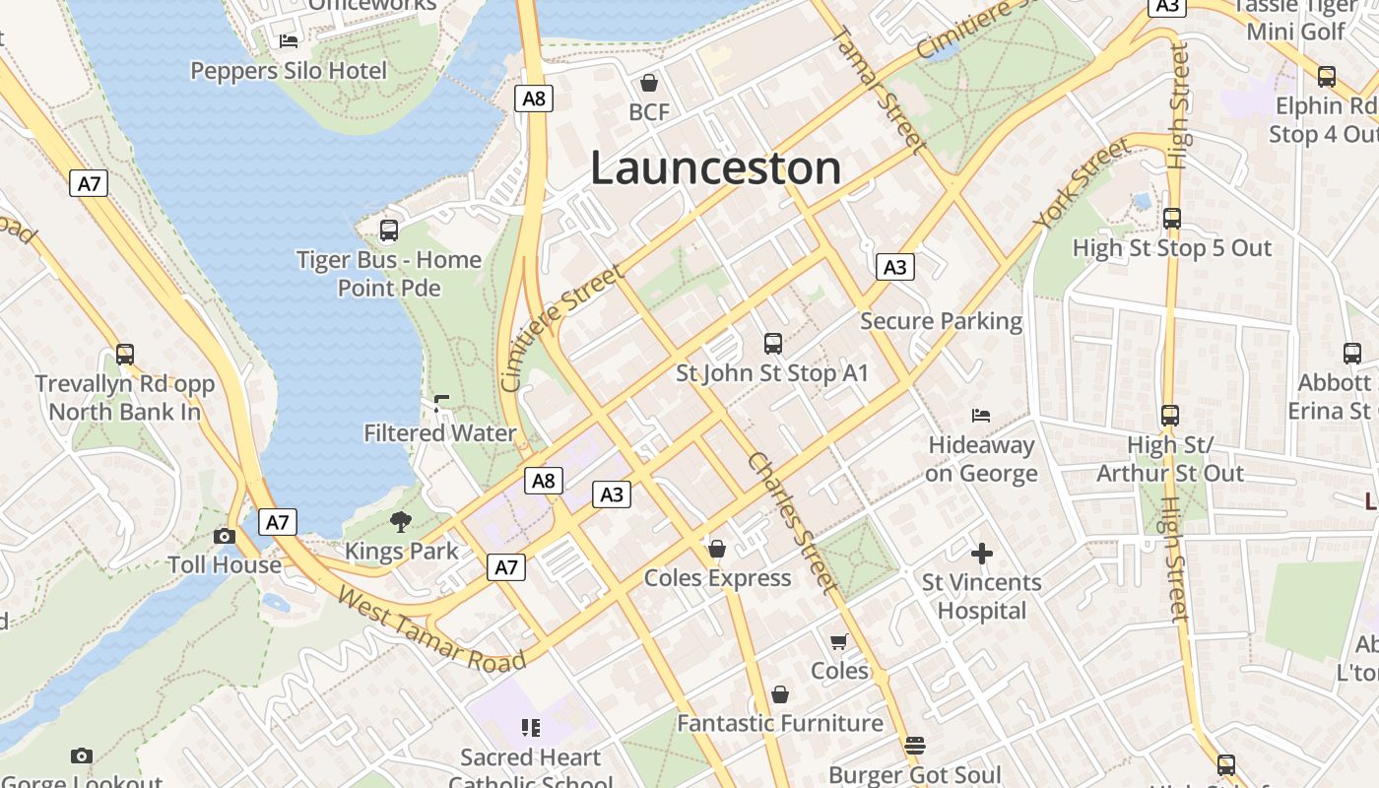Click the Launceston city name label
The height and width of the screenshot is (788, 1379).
(x=715, y=167)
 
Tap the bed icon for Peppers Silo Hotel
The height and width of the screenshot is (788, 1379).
(x=289, y=40)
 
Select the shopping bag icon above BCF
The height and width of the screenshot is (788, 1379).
(x=649, y=83)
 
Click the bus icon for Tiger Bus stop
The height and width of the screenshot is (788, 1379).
(x=389, y=230)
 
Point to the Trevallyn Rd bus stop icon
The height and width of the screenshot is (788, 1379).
(x=125, y=355)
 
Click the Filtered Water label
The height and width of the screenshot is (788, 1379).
(x=440, y=433)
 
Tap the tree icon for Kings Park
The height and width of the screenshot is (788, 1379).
(x=401, y=522)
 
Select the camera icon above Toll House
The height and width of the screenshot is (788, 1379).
(x=225, y=536)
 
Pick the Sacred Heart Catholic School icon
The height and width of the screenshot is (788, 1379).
(x=531, y=728)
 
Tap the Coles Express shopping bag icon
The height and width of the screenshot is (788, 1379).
(x=717, y=549)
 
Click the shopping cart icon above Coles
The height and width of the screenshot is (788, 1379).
(x=839, y=642)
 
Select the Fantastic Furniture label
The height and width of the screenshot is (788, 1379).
(x=779, y=723)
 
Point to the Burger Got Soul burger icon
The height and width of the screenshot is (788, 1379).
(x=915, y=746)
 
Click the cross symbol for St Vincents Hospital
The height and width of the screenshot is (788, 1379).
(x=982, y=554)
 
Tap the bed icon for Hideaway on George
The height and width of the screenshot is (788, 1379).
(x=981, y=416)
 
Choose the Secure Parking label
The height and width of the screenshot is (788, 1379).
(x=941, y=321)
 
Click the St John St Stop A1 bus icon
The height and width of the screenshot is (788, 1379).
(x=773, y=344)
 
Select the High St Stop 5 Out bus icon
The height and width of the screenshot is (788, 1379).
(x=1172, y=219)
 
